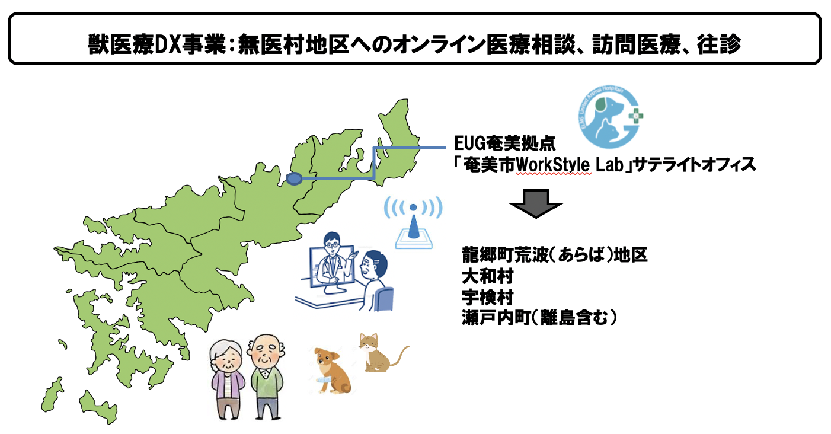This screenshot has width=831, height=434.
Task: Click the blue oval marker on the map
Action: [x=294, y=179]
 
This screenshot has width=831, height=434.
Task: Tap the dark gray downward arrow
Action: [x=536, y=203]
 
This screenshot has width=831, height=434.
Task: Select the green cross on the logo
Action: [x=636, y=116]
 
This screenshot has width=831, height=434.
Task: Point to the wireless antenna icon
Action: [x=413, y=222]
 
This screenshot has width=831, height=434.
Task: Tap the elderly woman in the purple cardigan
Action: [x=227, y=379]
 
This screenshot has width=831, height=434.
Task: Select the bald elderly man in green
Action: [x=266, y=376]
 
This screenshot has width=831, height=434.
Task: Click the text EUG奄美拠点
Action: [x=505, y=143]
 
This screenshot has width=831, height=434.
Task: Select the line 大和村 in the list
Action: [x=487, y=276]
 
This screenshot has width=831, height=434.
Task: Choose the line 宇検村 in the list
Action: [x=487, y=297]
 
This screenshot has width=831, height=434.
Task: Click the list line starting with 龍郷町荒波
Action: [x=555, y=255]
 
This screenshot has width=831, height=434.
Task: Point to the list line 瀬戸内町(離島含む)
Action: [x=539, y=318]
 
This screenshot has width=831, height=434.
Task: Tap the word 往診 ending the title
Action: [x=719, y=44]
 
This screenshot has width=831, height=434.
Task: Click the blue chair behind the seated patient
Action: [x=384, y=299]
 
